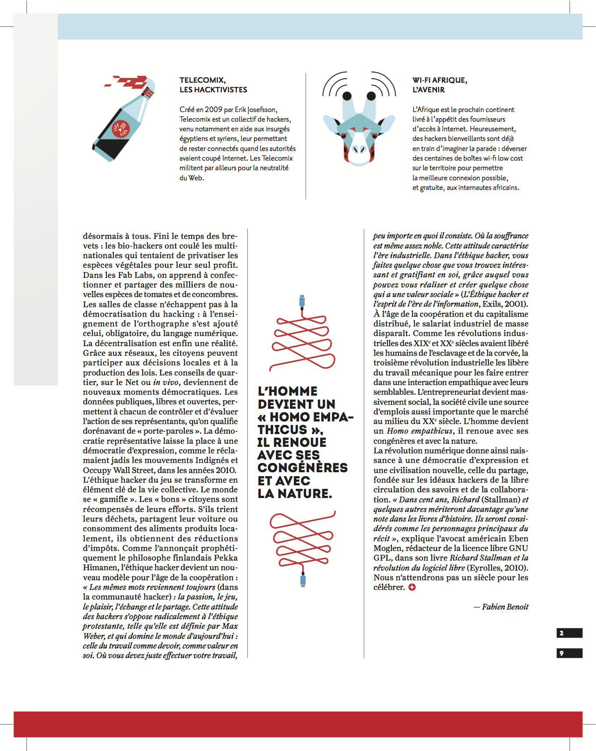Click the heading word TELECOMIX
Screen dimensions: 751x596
(202, 80)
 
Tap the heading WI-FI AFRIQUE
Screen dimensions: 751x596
(439, 80)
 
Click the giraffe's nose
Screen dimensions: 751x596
(360, 150)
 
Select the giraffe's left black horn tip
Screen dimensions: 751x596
(347, 95)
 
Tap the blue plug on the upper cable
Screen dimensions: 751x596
(302, 301)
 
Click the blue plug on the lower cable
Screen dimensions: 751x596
(303, 580)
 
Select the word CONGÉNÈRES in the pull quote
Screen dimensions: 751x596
(303, 468)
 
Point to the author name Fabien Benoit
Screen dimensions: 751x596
(505, 607)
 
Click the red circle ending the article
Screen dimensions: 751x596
(412, 587)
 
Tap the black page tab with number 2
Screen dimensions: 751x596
(569, 633)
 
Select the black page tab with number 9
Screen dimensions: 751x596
(569, 653)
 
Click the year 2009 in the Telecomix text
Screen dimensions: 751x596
(213, 109)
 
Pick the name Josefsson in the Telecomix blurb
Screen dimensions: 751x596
(262, 109)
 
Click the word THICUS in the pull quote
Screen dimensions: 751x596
(282, 430)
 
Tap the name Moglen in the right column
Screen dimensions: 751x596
(387, 548)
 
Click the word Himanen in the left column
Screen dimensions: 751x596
(100, 568)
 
